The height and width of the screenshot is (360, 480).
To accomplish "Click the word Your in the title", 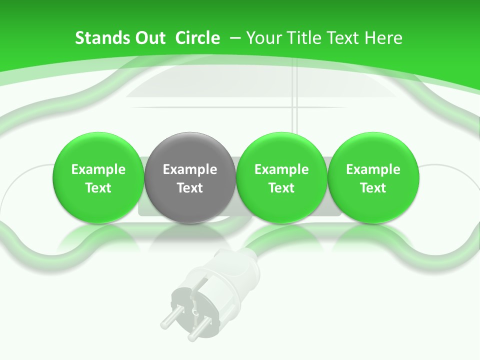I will (x=263, y=38).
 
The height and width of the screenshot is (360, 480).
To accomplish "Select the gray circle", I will (x=189, y=177).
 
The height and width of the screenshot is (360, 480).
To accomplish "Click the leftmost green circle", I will (x=98, y=177).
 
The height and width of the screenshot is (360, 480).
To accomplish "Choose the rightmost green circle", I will (x=373, y=177).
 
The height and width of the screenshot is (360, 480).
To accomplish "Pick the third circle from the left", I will (x=281, y=177).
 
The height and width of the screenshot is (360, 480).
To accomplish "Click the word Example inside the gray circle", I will (x=189, y=169).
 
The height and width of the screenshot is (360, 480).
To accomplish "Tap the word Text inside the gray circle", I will (x=189, y=188).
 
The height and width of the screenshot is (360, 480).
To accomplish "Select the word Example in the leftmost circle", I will (x=98, y=169).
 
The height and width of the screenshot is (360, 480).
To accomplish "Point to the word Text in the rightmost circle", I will (x=373, y=188).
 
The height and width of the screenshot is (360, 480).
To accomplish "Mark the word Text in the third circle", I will (x=281, y=188).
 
